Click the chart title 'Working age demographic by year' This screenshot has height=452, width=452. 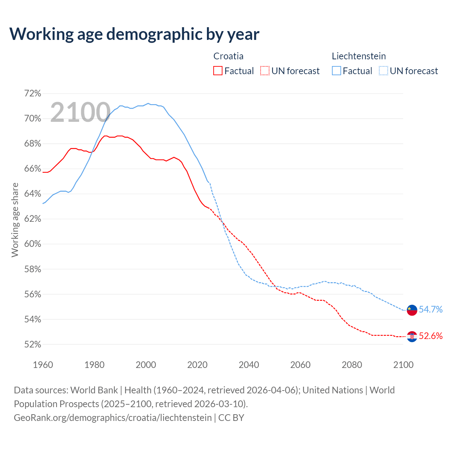pos(134,34)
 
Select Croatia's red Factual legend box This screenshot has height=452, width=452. pos(218,71)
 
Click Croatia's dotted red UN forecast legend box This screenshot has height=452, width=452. pos(265,71)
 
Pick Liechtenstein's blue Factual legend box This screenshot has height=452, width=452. pos(337,71)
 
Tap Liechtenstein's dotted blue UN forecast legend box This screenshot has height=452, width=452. pos(383,71)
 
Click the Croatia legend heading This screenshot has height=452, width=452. pos(228,56)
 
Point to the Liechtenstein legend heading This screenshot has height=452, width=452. pos(359,56)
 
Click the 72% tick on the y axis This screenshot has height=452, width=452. pos(32,94)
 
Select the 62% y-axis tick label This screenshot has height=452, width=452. pos(32,219)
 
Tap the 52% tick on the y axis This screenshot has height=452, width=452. pos(32,344)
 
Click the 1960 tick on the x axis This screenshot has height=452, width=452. pos(43,365)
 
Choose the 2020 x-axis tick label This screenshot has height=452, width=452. pos(197,365)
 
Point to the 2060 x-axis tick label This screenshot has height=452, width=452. pos(300,365)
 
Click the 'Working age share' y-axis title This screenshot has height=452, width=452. pos(15,220)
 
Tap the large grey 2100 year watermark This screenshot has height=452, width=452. pos(81,112)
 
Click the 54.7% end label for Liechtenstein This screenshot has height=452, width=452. pos(430,310)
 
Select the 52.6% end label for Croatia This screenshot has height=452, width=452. pos(430,336)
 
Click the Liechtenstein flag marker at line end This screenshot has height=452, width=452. pos(412,310)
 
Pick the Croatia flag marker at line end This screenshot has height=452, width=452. pos(412,337)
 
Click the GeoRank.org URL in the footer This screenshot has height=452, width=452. pos(113,418)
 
